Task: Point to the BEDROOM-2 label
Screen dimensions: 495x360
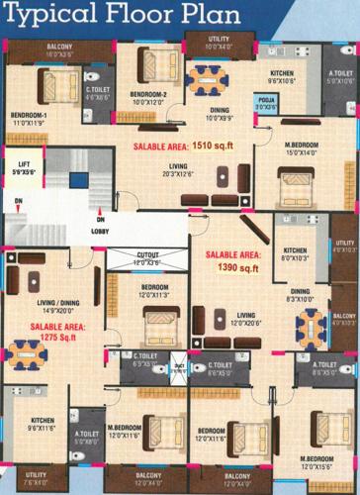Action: pyautogui.click(x=147, y=97)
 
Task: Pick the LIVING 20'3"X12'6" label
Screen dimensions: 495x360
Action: pyautogui.click(x=178, y=168)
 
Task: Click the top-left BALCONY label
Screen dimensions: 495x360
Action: pyautogui.click(x=61, y=50)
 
